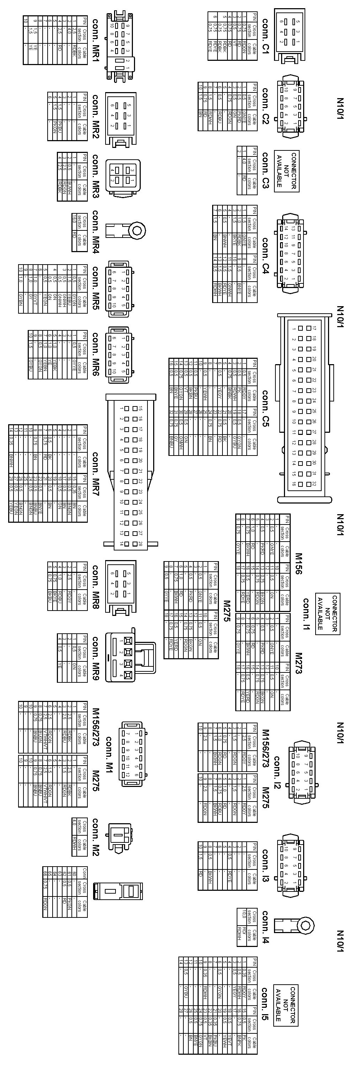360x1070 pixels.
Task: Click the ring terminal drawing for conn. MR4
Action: click(126, 230)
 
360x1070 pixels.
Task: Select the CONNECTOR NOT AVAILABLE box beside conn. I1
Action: click(327, 613)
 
